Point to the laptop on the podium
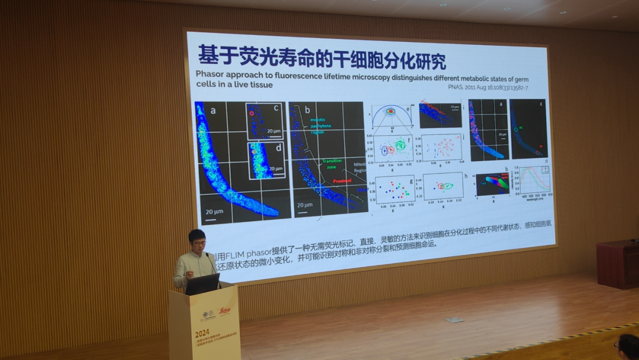(202, 284)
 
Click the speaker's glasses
(198, 243)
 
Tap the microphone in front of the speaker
(209, 258)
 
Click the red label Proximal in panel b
(342, 181)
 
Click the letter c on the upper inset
(275, 108)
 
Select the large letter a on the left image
(212, 110)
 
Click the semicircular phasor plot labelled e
(390, 116)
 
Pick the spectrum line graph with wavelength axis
(535, 181)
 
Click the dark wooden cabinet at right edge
(617, 263)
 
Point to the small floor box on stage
(454, 320)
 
